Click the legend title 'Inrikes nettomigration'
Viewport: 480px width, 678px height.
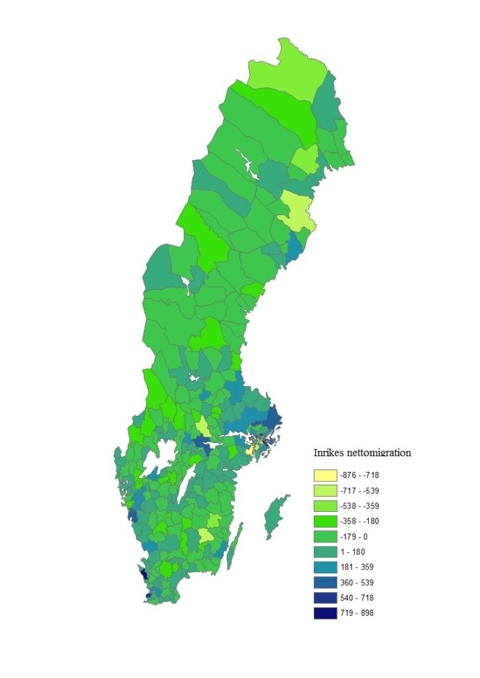click(x=361, y=454)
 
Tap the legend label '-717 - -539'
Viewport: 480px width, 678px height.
click(x=360, y=491)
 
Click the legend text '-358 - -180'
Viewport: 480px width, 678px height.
click(x=360, y=521)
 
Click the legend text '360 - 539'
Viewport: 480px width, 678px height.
click(x=357, y=582)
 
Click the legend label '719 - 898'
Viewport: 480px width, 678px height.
click(x=357, y=612)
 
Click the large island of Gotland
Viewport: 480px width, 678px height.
click(x=275, y=516)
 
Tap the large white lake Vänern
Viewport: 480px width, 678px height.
click(x=158, y=460)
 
